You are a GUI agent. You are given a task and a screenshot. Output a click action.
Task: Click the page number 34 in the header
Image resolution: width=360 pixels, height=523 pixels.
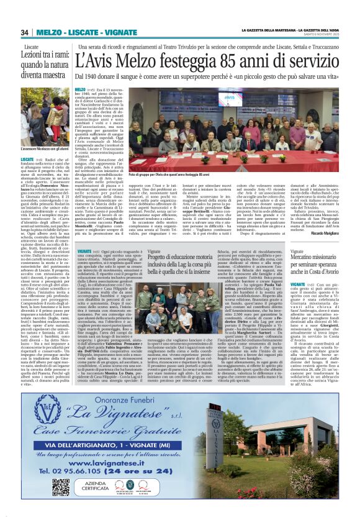pos(25,32)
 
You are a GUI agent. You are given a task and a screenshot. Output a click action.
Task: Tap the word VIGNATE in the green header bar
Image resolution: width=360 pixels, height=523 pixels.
pos(104,32)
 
